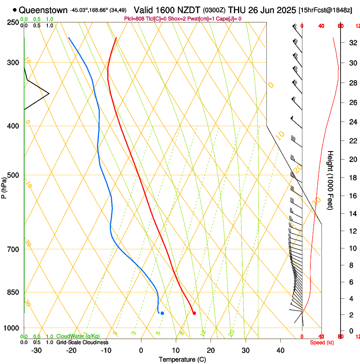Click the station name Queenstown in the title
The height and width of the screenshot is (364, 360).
43,10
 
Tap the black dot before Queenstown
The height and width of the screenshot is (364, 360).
15,10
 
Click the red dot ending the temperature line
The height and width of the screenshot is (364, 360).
194,313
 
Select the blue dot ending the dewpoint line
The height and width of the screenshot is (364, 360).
162,313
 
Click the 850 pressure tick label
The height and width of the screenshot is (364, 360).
13,292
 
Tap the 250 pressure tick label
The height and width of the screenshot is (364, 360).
13,22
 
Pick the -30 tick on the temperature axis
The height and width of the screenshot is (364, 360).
36,350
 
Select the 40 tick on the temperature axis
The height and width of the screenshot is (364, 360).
280,350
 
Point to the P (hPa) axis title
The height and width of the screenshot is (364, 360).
4,187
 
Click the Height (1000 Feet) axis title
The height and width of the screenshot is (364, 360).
330,180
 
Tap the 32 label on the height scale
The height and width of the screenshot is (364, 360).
352,43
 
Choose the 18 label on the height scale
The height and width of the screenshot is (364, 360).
352,178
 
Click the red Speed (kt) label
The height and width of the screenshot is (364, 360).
322,342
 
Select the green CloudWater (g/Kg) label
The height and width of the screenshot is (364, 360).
78,336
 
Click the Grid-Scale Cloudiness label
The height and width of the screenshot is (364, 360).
82,342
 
